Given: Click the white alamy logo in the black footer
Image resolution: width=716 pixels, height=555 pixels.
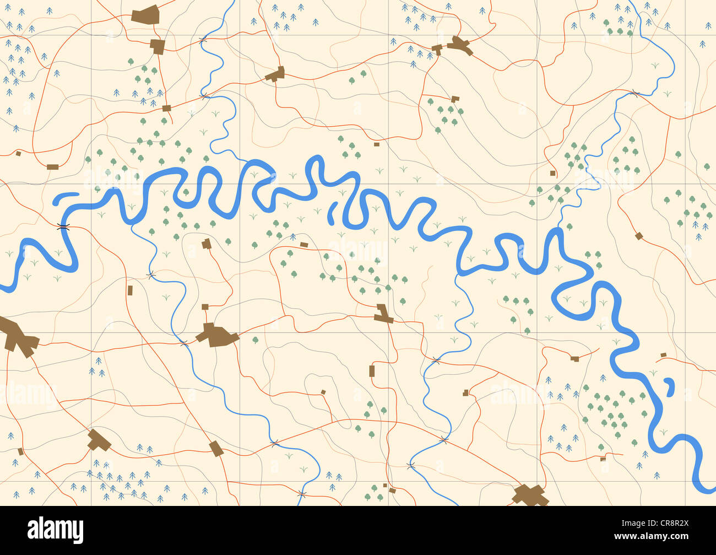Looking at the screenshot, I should click(55, 530).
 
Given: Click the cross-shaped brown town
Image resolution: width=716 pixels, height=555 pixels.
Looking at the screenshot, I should click(530, 494).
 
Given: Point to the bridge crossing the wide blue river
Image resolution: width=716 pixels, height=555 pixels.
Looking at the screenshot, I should click(64, 226).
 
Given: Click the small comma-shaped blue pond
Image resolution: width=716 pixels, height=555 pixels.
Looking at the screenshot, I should click(669, 386).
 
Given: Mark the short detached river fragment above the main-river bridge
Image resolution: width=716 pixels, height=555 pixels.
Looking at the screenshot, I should click(66, 196).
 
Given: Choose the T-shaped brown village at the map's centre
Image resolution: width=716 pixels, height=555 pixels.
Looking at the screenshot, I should click(383, 314).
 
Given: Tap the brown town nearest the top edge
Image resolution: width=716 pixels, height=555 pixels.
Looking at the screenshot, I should click(146, 15).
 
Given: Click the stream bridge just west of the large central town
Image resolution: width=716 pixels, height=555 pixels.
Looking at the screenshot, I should click(184, 343).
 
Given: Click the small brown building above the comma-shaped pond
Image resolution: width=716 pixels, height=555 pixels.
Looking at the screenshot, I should click(663, 354).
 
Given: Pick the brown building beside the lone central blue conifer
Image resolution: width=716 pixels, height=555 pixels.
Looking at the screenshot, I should click(303, 244).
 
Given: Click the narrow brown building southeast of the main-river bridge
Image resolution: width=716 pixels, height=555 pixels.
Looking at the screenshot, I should click(130, 290).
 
